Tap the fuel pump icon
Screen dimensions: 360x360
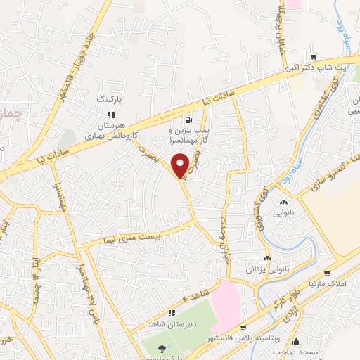188,120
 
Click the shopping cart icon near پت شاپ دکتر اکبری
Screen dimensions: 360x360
314,58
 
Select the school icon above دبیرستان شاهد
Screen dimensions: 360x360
170,313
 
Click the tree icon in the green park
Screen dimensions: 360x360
162,348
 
